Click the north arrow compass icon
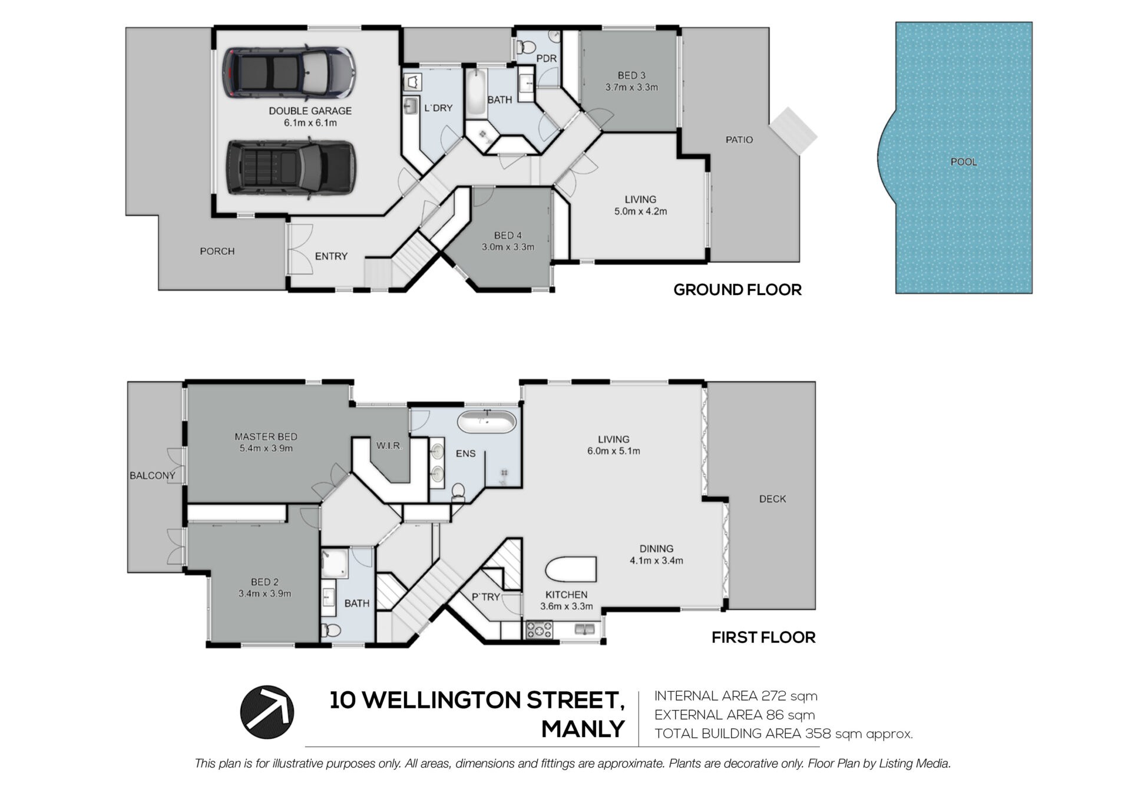tap(267, 712)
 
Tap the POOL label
tap(964, 162)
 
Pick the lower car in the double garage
tap(290, 167)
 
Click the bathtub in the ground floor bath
tap(475, 93)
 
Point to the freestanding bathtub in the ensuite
tap(487, 423)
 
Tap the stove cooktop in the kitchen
tap(539, 631)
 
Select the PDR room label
tap(547, 59)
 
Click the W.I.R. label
tap(389, 446)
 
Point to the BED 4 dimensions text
tap(508, 247)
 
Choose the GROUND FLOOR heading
tap(738, 290)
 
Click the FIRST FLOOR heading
tap(763, 637)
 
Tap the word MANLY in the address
tap(583, 730)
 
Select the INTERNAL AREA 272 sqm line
tap(736, 696)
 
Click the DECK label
tap(772, 499)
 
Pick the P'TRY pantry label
tap(485, 597)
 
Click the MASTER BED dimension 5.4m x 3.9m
tap(266, 448)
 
